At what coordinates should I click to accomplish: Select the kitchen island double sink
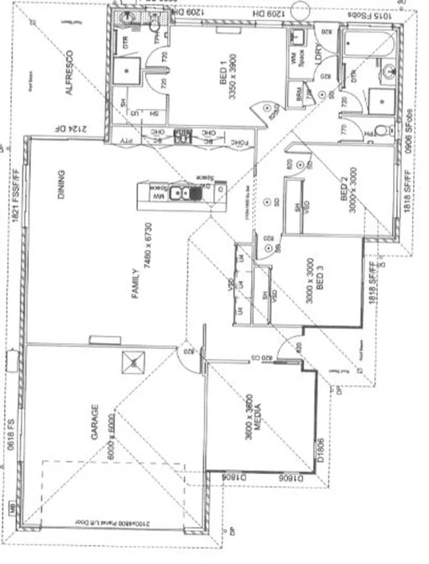[192, 193]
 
